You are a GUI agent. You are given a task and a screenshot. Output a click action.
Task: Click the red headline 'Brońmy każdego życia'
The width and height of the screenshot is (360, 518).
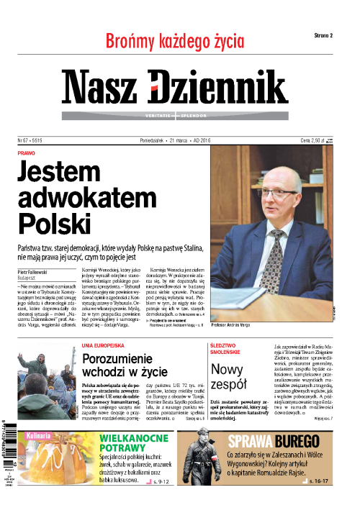click(175, 40)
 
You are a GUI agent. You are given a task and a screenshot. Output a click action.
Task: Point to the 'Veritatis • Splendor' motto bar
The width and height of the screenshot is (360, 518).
click(174, 115)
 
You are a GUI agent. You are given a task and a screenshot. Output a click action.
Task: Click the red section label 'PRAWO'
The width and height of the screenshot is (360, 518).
click(26, 153)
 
